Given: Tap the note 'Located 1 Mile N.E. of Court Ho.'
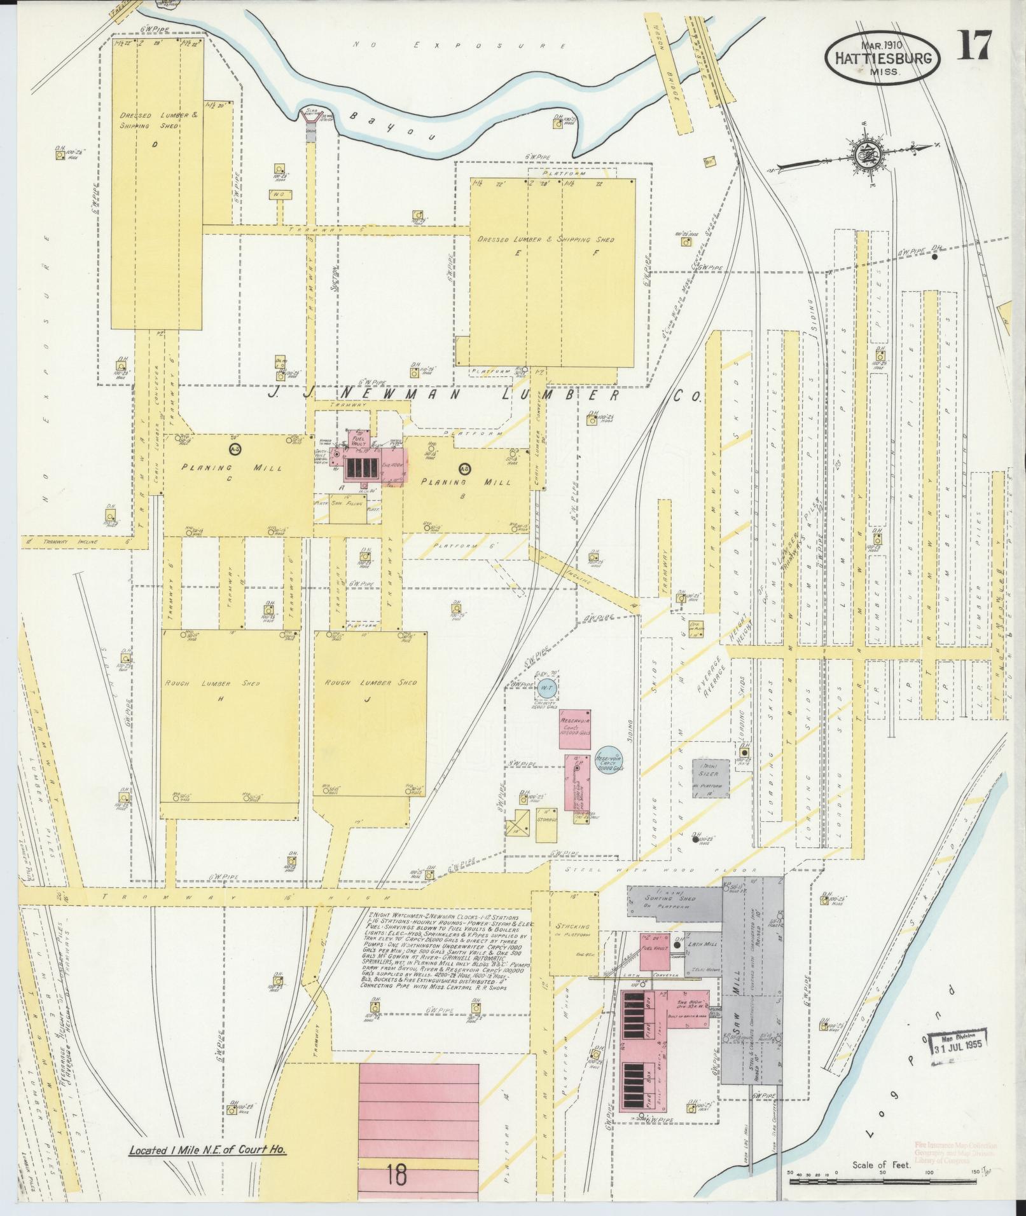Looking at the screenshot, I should point(207,1150).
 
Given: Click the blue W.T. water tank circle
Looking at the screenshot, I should point(546,688).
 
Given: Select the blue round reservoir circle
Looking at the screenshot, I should point(609,759).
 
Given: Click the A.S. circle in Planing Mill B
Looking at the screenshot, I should point(463,469).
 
